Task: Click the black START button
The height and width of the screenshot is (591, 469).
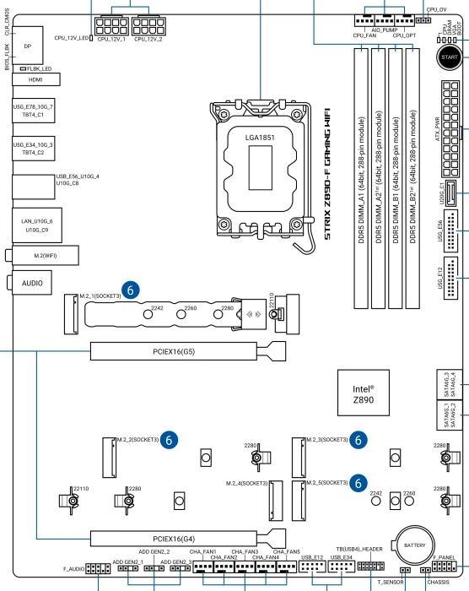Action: coord(450,57)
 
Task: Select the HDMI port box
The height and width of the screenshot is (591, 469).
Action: coord(35,79)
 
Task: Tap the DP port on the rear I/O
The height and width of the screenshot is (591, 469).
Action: coord(28,46)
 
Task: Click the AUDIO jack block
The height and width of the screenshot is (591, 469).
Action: coord(32,283)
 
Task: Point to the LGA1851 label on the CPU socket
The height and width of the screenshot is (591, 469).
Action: coord(260,138)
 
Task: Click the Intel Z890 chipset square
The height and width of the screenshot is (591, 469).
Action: coord(364,393)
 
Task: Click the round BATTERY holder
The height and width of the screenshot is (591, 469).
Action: coord(414,545)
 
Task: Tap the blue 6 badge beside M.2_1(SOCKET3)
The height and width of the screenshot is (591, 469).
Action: coord(131,290)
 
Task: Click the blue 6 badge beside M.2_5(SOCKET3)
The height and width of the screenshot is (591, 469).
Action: coord(358,483)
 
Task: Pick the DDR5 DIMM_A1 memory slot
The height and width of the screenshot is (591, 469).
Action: coord(361,179)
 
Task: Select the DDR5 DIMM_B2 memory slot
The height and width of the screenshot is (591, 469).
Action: coord(412,179)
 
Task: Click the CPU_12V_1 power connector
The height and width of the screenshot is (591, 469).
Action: coord(111,25)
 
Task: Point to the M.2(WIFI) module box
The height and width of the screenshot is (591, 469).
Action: coord(46,256)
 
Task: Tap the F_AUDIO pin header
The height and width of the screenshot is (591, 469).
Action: coord(98,568)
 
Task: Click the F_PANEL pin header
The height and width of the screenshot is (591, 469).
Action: coord(445,566)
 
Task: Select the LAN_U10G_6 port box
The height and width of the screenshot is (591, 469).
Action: coord(37,225)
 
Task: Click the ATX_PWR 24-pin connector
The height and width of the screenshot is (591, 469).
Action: coord(450,129)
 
